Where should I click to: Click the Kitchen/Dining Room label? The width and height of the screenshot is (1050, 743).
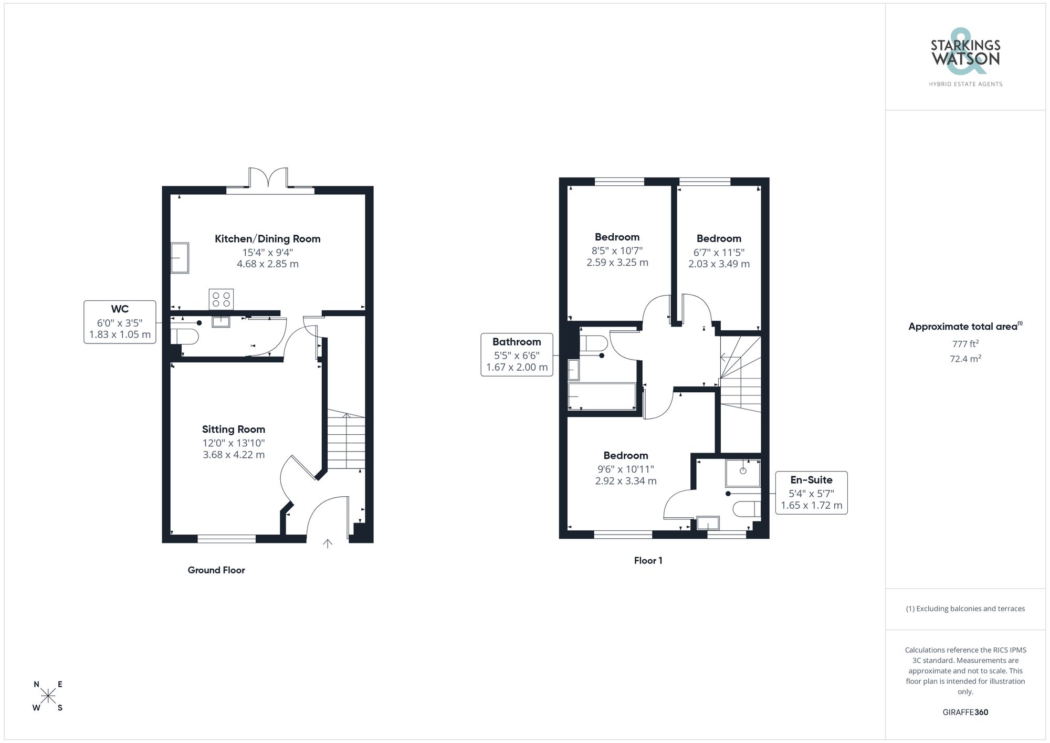point(267,239)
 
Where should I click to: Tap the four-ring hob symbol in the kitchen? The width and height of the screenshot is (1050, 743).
point(221,299)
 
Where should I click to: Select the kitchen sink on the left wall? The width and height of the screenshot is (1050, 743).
point(180,258)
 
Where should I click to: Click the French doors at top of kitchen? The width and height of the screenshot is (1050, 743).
point(269,179)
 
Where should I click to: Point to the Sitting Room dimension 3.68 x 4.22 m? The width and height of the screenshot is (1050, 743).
point(234,455)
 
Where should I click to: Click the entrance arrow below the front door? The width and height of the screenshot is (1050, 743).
point(328,543)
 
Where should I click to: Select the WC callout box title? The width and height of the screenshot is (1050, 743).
point(120,309)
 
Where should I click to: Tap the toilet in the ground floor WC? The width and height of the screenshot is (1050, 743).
point(185,336)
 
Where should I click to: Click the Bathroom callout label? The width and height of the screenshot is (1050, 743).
point(517,342)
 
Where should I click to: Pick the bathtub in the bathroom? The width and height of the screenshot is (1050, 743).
point(602,396)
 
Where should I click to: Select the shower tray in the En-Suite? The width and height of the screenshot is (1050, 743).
point(742,473)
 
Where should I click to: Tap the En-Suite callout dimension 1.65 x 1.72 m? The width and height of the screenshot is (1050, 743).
point(811,506)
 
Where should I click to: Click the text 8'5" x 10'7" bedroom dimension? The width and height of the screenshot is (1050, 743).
point(617,251)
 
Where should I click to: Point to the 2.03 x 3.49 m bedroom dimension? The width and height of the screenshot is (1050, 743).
point(719,264)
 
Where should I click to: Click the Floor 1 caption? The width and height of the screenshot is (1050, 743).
point(648,561)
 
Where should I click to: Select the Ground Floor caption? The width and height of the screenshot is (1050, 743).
point(216,570)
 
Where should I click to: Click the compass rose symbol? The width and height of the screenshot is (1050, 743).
point(48,696)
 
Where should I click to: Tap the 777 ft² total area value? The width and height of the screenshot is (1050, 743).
point(965,344)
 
